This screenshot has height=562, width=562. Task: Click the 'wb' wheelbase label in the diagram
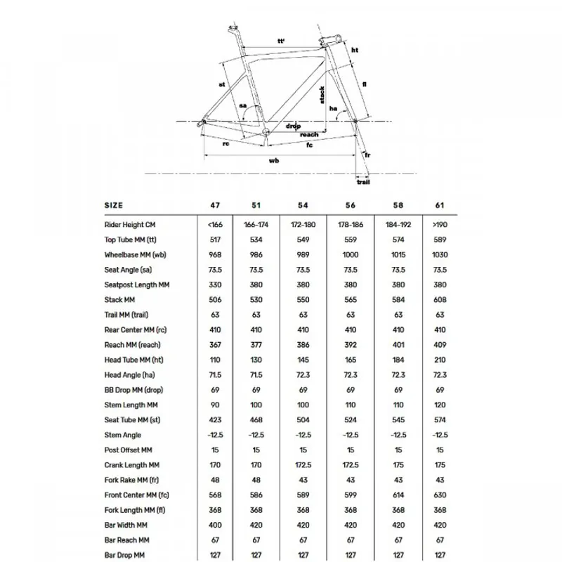pos(275,160)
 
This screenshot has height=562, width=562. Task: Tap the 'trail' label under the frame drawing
pos(362,182)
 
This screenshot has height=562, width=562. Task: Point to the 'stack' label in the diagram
pos(322,95)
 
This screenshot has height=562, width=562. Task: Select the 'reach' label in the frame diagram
pos(309,134)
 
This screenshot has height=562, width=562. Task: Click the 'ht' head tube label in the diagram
pos(355,51)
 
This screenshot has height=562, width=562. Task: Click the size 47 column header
pos(216,205)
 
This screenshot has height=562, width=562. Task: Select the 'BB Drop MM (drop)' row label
pos(134,390)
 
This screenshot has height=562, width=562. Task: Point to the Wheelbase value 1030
pos(440,255)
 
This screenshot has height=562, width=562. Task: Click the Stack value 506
pos(216,300)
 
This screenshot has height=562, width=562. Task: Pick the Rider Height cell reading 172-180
pos(303,225)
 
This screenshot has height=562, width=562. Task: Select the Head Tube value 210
pos(440,360)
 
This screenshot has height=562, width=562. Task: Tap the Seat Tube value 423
pos(216,420)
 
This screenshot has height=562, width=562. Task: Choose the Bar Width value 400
pos(216,525)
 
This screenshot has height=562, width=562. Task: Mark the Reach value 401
pos(398,345)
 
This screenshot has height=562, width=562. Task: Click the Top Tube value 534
pos(256,240)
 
